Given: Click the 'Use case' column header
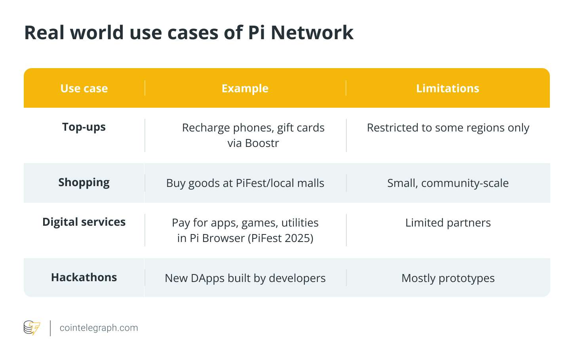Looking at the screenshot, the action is pos(84,88).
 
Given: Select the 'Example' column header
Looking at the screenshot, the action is pos(245,89).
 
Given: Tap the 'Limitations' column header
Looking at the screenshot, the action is pos(447,88).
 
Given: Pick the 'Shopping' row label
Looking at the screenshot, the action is pos(84,183).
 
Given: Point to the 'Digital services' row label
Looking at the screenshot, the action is pos(84,222).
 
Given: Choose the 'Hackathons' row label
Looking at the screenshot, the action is pos(84,278).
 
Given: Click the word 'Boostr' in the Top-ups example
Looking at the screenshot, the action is pos(262,143).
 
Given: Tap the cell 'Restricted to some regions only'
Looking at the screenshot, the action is pos(448,128).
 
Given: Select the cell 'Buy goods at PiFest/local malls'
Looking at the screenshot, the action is pos(245,183).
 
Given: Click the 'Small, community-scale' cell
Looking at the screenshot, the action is pos(448,183).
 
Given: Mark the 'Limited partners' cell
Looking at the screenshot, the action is pos(448,223).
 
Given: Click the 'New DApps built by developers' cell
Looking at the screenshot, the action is pos(245,278).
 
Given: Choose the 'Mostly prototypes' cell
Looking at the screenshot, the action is pos(448,278).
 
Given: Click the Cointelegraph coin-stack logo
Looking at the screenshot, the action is pos(32,328).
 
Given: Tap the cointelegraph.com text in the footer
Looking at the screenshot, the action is pos(99,328).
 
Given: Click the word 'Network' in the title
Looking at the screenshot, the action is pos(312,32).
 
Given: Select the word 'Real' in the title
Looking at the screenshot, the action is pos(44,32).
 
